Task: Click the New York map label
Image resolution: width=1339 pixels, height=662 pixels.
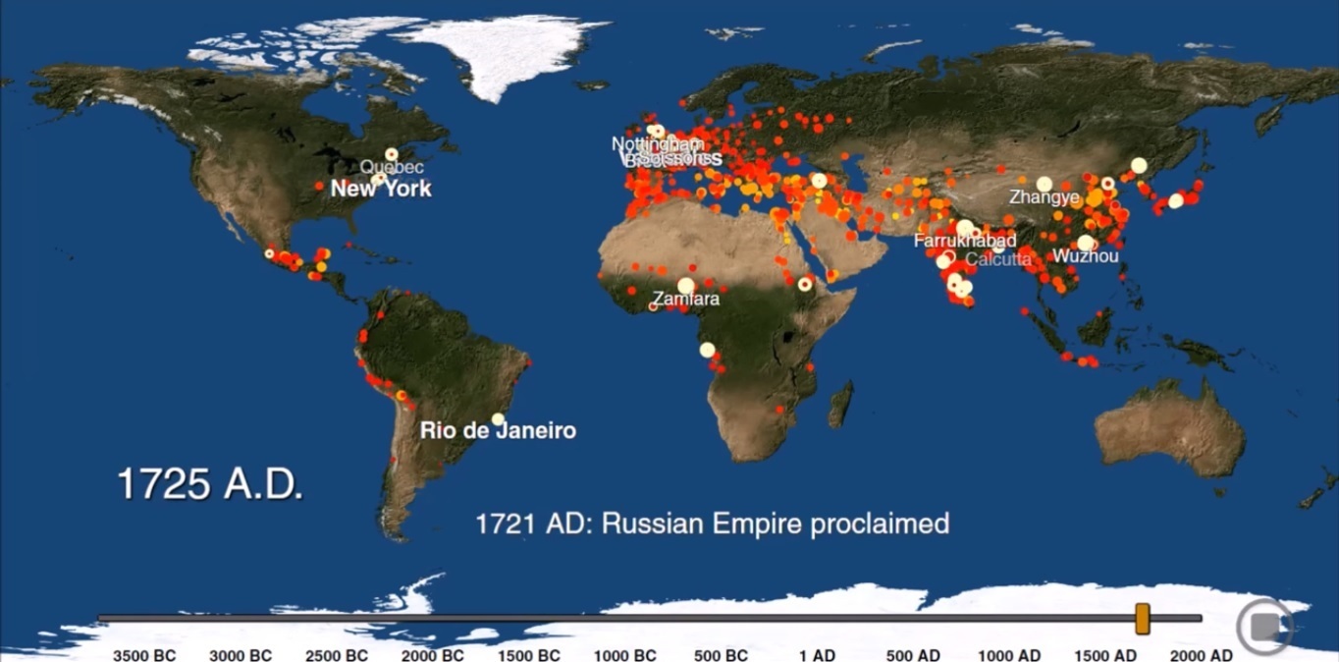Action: pyautogui.click(x=381, y=189)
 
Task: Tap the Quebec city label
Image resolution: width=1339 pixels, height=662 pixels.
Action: pyautogui.click(x=378, y=168)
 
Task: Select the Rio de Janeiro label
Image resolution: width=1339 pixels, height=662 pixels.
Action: pyautogui.click(x=498, y=430)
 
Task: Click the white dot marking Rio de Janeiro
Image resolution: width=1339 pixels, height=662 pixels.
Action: pyautogui.click(x=498, y=419)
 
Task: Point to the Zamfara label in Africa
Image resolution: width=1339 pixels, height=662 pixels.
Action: pyautogui.click(x=686, y=299)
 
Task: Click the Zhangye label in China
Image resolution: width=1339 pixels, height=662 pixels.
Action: pyautogui.click(x=1044, y=197)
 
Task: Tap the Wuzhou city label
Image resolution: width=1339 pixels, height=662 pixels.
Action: pyautogui.click(x=1085, y=256)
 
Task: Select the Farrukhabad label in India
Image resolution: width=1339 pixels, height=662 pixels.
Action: pyautogui.click(x=965, y=241)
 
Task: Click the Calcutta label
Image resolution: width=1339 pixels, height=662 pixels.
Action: pyautogui.click(x=998, y=259)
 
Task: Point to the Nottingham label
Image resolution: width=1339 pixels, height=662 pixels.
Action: pyautogui.click(x=658, y=144)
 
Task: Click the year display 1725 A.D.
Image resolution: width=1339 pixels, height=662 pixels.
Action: pyautogui.click(x=210, y=484)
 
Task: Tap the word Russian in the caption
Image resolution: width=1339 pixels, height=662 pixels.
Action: pyautogui.click(x=649, y=523)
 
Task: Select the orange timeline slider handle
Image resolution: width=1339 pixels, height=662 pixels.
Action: pyautogui.click(x=1142, y=619)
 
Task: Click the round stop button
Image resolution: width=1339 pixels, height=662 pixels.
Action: pyautogui.click(x=1263, y=626)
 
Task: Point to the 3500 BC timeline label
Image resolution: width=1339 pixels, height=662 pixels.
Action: pyautogui.click(x=144, y=655)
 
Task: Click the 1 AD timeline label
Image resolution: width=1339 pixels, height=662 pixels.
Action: pyautogui.click(x=817, y=655)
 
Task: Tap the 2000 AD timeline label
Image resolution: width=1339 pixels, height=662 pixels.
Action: pyautogui.click(x=1202, y=655)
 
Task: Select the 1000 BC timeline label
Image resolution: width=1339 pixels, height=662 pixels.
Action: pyautogui.click(x=625, y=655)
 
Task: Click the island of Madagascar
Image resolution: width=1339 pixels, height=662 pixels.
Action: pyautogui.click(x=839, y=405)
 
